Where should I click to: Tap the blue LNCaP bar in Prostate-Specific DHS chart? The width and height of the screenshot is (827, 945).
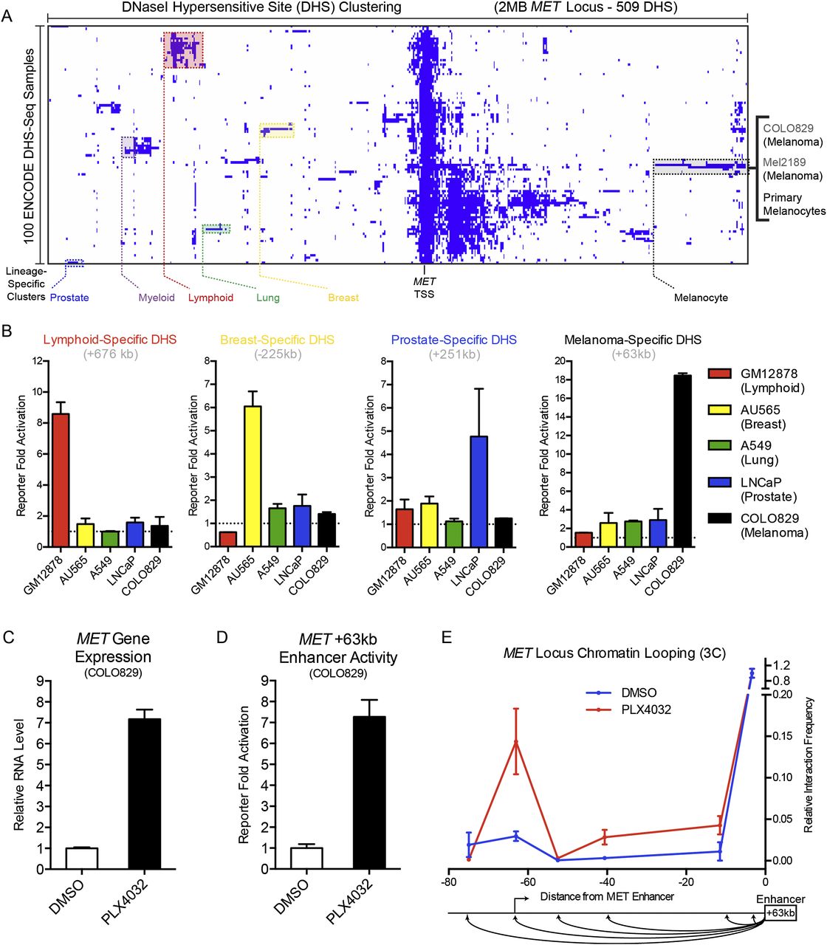tap(478, 492)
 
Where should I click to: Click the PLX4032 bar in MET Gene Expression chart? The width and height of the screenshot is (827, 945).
tap(143, 794)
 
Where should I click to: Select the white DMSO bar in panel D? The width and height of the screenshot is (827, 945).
tap(306, 858)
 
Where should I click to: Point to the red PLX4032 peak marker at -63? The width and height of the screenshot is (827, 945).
tap(515, 742)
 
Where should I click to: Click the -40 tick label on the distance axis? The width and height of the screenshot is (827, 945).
tap(606, 882)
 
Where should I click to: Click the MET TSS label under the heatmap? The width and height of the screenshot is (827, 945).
tap(424, 288)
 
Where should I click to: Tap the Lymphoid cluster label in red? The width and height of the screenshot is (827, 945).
tap(210, 298)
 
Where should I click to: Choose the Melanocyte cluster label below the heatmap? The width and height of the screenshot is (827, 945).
tap(701, 298)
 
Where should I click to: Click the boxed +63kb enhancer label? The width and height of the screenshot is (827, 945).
tap(780, 913)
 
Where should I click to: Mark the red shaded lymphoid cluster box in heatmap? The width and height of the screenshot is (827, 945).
tap(183, 50)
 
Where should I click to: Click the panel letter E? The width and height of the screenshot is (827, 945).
tap(445, 636)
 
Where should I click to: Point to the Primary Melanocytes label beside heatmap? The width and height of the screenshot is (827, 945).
tap(794, 205)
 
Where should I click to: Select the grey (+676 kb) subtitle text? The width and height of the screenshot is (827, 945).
tap(110, 354)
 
